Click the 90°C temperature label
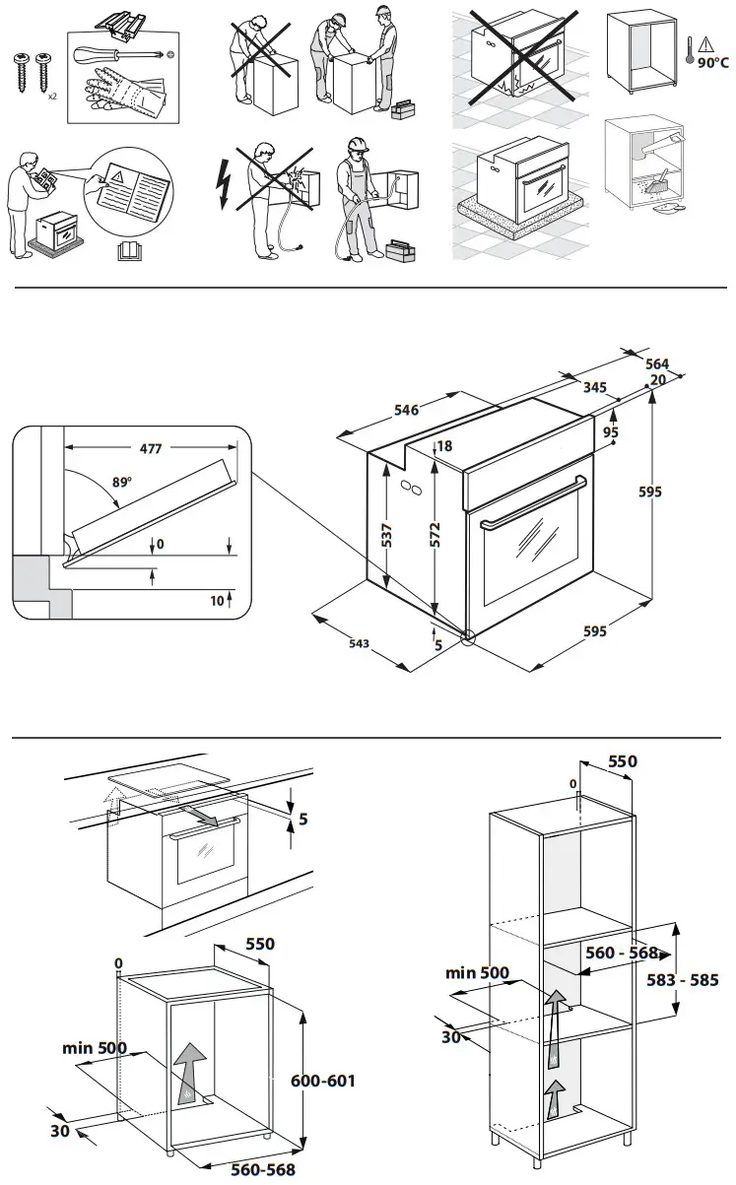click(713, 61)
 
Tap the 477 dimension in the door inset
click(151, 449)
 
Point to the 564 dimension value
click(657, 363)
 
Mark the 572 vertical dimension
click(435, 535)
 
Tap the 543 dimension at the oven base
click(359, 643)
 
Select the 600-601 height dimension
click(323, 1080)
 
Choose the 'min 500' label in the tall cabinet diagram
click(477, 973)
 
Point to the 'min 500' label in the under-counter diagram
click(95, 1047)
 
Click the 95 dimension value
click(611, 431)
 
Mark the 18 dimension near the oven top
click(444, 446)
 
